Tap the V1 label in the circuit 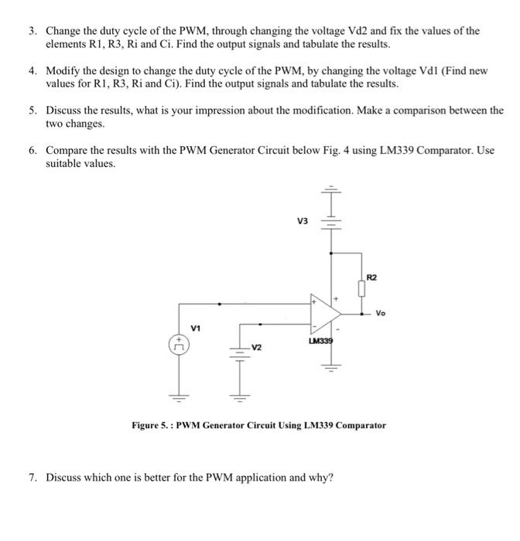click(196, 328)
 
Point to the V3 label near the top click(303, 222)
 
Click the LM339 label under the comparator click(321, 340)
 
